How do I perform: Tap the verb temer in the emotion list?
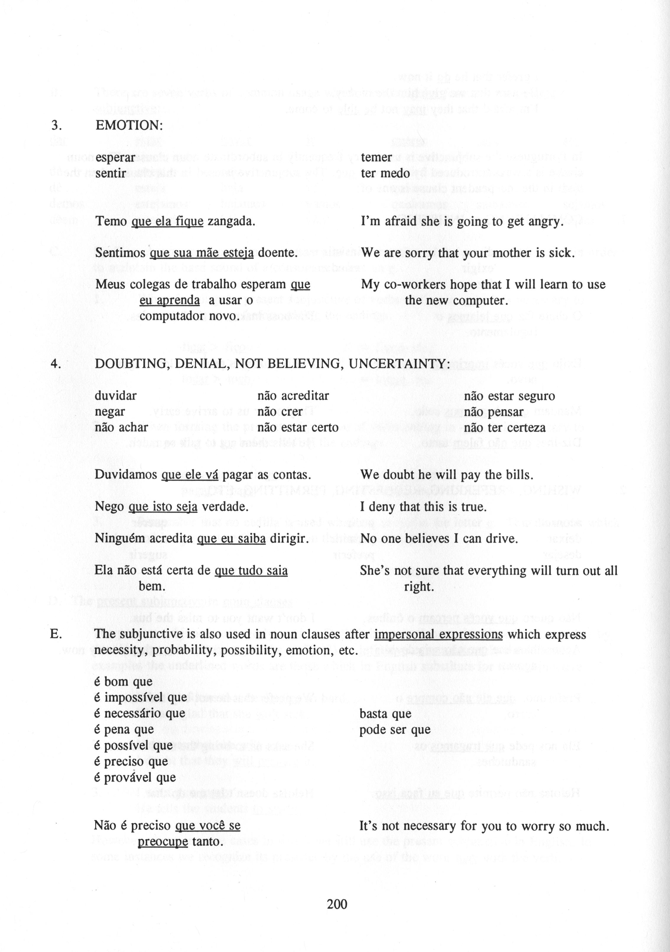pyautogui.click(x=376, y=158)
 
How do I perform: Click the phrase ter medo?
pyautogui.click(x=385, y=173)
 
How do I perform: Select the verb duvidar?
pyautogui.click(x=115, y=396)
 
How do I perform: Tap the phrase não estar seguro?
pyautogui.click(x=509, y=396)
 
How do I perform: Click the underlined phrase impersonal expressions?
pyautogui.click(x=438, y=634)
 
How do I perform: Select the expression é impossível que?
pyautogui.click(x=140, y=698)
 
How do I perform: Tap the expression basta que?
pyautogui.click(x=385, y=713)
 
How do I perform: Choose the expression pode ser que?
pyautogui.click(x=395, y=730)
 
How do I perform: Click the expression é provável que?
pyautogui.click(x=135, y=777)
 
